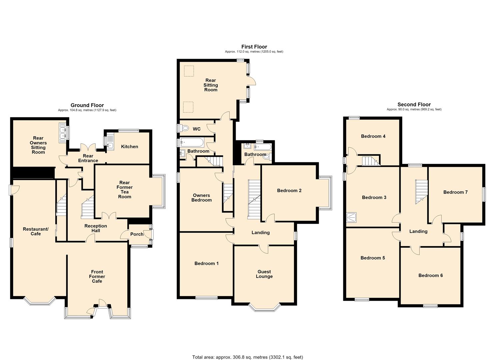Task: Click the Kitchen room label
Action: tap(129, 147)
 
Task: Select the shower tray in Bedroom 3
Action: tap(351, 217)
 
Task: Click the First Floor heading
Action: tap(254, 47)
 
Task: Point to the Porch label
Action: tap(137, 234)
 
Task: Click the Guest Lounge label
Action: tap(264, 274)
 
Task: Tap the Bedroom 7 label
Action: tap(455, 192)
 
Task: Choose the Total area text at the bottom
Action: tap(247, 351)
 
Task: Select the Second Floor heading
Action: tap(414, 105)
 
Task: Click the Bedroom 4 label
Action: tap(373, 136)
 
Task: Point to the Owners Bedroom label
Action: tap(202, 198)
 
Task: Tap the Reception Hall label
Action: tap(96, 228)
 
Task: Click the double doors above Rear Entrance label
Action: tap(88, 148)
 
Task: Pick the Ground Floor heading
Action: tap(87, 105)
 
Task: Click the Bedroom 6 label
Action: tap(430, 275)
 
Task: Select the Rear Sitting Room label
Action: tap(211, 85)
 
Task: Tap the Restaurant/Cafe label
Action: tap(36, 231)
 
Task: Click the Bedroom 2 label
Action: tap(289, 190)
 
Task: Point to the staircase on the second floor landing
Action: tap(422, 192)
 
